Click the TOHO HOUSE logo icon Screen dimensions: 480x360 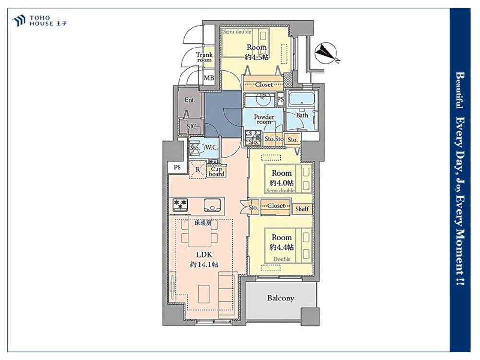click(18, 21)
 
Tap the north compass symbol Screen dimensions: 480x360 click(326, 53)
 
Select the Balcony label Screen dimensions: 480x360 click(280, 298)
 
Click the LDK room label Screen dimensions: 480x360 click(204, 255)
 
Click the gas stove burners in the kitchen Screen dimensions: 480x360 click(180, 205)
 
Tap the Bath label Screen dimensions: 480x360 click(302, 115)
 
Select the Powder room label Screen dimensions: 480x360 click(264, 120)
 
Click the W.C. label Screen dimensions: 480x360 click(212, 147)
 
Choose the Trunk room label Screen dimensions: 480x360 click(204, 57)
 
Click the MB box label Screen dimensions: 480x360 click(209, 78)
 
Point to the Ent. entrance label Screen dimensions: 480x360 click(190, 100)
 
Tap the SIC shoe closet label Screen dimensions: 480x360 click(192, 126)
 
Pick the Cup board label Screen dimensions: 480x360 click(216, 171)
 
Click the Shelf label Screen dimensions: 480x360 click(302, 209)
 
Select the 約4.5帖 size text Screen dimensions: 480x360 click(257, 57)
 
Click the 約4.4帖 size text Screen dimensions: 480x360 click(282, 247)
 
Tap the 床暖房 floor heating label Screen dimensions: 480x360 click(203, 223)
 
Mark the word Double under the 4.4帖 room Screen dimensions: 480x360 click(282, 259)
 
